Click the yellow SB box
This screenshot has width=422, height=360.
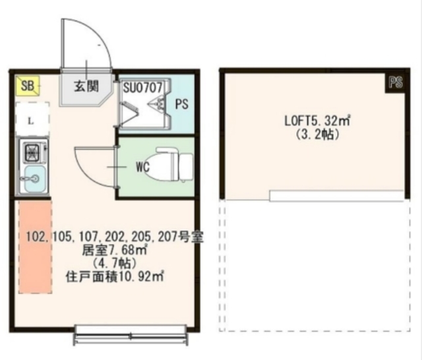click(x=28, y=85)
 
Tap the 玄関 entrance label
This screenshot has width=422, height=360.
click(x=85, y=86)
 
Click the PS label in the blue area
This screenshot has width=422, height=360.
click(x=181, y=104)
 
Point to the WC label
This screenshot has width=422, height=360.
click(x=143, y=167)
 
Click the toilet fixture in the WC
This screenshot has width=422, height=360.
click(x=173, y=165)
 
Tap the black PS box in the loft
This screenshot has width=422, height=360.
click(x=395, y=82)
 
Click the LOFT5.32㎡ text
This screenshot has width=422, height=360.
click(x=316, y=121)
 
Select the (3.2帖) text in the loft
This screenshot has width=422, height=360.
click(x=316, y=135)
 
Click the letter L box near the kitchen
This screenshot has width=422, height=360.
click(x=30, y=121)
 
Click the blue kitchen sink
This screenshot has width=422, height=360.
click(x=31, y=178)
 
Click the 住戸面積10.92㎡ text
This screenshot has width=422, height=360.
click(x=113, y=276)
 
